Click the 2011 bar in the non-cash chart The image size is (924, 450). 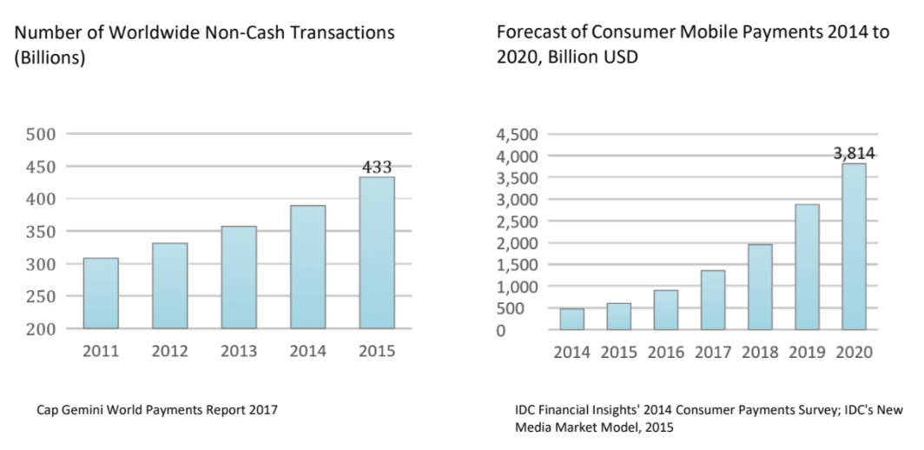101,294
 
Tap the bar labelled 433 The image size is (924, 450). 377,253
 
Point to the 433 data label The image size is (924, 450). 377,168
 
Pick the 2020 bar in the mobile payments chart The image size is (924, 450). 854,248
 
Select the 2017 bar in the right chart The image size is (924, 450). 713,301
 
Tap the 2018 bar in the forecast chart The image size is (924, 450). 760,288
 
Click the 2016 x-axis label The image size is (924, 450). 666,353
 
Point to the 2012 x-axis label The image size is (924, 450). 169,353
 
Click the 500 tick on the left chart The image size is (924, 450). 41,134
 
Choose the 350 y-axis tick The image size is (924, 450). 41,231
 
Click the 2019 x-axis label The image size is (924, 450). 807,353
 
